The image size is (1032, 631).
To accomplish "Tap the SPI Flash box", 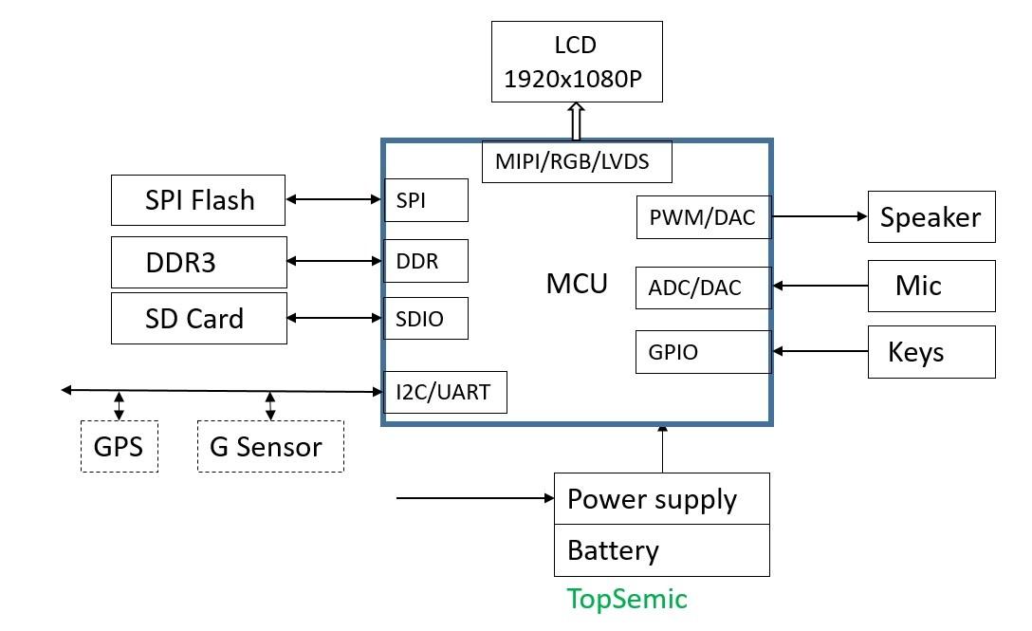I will pyautogui.click(x=198, y=199).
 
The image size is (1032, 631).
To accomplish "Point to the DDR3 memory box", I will pyautogui.click(x=198, y=262).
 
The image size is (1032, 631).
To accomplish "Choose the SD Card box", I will pyautogui.click(x=198, y=318).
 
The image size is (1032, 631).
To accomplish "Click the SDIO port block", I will pyautogui.click(x=425, y=318).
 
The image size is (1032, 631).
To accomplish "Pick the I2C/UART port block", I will pyautogui.click(x=444, y=392).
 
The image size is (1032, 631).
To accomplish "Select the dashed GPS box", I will pyautogui.click(x=119, y=446).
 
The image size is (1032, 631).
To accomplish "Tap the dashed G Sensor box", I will pyautogui.click(x=270, y=446).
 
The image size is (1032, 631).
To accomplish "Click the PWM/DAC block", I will pyautogui.click(x=703, y=217).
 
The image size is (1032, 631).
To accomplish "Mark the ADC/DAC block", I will pyautogui.click(x=703, y=288).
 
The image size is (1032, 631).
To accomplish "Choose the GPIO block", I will pyautogui.click(x=703, y=352).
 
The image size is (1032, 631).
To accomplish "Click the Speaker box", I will pyautogui.click(x=931, y=217).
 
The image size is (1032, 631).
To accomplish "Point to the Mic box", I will pyautogui.click(x=931, y=286).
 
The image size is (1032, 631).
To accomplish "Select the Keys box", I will pyautogui.click(x=931, y=352).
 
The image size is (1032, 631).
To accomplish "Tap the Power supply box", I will pyautogui.click(x=661, y=499).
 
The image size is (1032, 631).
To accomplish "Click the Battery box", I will pyautogui.click(x=661, y=550).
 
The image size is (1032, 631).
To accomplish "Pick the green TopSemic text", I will pyautogui.click(x=627, y=599).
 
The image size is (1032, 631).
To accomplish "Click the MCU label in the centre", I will pyautogui.click(x=577, y=283).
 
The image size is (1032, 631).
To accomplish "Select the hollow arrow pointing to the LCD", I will pyautogui.click(x=575, y=121).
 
